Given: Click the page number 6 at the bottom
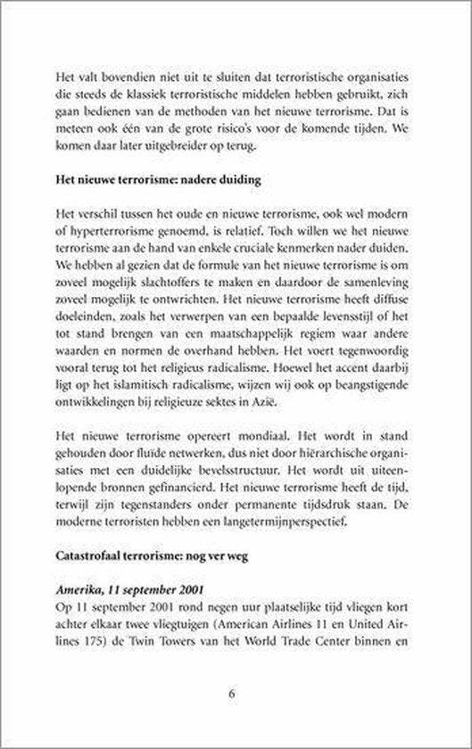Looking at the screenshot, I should click(x=236, y=692).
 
